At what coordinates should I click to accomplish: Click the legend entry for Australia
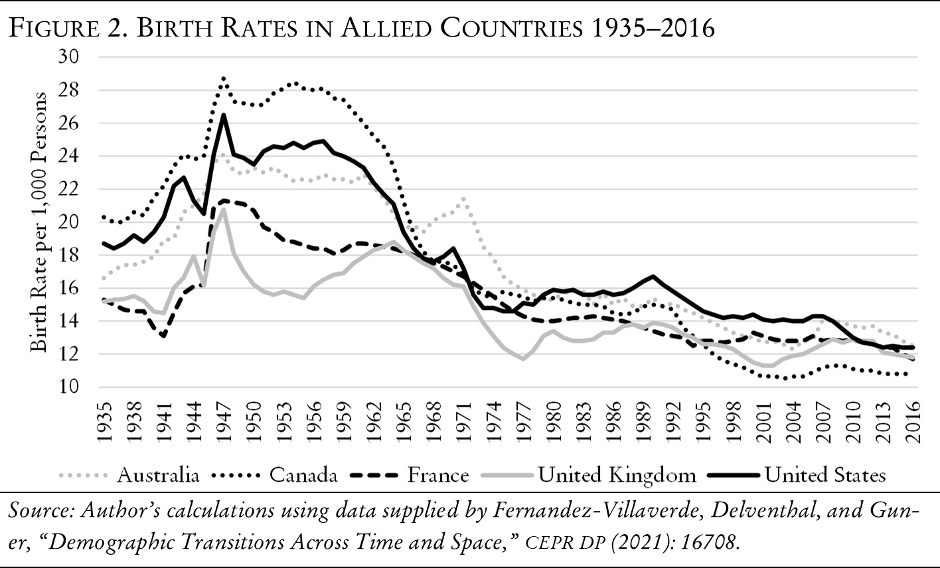158,475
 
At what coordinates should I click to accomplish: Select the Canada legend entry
304,475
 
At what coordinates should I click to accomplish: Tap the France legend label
438,475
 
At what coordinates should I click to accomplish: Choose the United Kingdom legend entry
617,475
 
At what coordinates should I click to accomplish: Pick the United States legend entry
824,475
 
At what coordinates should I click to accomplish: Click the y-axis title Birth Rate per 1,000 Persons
39,222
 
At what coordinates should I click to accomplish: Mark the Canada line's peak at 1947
224,78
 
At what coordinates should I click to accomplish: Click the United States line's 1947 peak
224,115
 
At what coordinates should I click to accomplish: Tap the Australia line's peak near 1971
463,198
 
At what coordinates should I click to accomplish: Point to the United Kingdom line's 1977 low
523,359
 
